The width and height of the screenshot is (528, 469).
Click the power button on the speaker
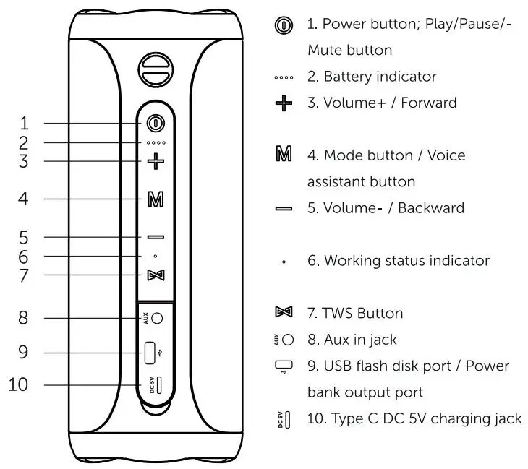tap(156, 122)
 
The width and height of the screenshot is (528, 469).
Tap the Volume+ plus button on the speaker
tap(156, 160)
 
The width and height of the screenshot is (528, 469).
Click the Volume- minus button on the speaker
tap(156, 237)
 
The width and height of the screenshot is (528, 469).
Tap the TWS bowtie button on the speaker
tap(156, 275)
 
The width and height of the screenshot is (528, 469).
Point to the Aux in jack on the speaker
tap(158, 318)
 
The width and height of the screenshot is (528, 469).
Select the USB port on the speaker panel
tap(150, 353)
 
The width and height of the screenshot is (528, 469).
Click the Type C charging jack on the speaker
tap(158, 384)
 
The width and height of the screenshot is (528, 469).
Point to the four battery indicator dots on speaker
tap(156, 143)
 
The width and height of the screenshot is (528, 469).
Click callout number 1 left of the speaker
tap(24, 122)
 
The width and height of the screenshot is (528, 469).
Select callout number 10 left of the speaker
tap(20, 384)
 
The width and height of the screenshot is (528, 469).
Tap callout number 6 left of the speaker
tap(24, 256)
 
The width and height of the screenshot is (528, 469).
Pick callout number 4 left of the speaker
tap(24, 198)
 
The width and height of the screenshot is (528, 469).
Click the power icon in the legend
tap(284, 24)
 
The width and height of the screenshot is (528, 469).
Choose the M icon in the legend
tap(284, 155)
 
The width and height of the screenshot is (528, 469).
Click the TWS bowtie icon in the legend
tap(284, 313)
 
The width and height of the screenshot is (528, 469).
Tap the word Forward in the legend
tap(430, 103)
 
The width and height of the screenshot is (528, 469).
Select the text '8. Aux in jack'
tap(352, 339)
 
